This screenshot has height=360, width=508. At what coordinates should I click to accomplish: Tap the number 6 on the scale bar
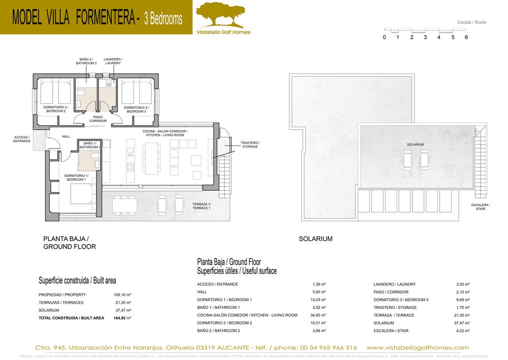pyautogui.click(x=466, y=37)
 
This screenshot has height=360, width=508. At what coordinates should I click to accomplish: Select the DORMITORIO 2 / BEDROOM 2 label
pyautogui.click(x=55, y=109)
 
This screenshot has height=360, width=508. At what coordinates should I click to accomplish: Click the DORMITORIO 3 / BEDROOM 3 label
pyautogui.click(x=136, y=109)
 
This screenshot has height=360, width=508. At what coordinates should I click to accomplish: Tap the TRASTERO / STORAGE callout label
pyautogui.click(x=249, y=144)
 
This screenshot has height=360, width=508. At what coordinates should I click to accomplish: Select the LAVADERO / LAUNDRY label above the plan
pyautogui.click(x=113, y=61)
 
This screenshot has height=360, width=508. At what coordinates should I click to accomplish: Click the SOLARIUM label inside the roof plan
pyautogui.click(x=415, y=144)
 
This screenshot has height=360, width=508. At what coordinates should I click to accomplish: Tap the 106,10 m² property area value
pyautogui.click(x=122, y=295)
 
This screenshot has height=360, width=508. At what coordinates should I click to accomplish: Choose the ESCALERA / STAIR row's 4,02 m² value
pyautogui.click(x=462, y=331)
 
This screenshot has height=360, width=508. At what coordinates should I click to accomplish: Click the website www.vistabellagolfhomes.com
pyautogui.click(x=417, y=347)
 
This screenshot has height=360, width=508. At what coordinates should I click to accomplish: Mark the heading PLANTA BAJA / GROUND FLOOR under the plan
pyautogui.click(x=70, y=242)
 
